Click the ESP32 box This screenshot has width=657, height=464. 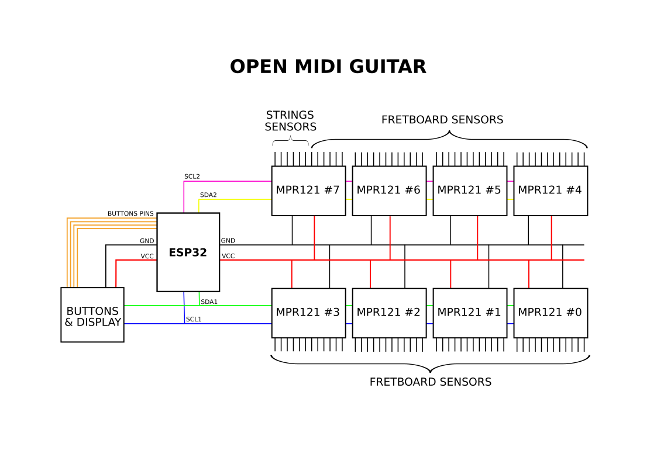[x=188, y=252]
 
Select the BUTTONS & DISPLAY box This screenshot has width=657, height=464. [x=92, y=316]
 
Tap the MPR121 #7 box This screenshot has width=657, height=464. [x=308, y=191]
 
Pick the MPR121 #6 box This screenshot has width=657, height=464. [x=389, y=191]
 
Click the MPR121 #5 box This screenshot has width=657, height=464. [x=470, y=191]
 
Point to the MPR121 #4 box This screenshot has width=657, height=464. [x=551, y=191]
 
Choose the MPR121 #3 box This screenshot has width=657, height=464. [x=308, y=313]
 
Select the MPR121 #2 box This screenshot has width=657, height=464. [x=389, y=313]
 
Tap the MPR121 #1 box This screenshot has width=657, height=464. [x=470, y=313]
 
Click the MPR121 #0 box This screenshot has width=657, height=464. [x=551, y=313]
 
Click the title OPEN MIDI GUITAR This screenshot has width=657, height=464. [x=328, y=67]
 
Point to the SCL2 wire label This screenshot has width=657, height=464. [x=192, y=176]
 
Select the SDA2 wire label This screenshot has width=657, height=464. [x=208, y=195]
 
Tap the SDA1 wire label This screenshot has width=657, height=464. [x=209, y=302]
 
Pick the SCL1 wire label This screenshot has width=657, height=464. [x=193, y=319]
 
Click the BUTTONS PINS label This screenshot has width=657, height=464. [x=130, y=214]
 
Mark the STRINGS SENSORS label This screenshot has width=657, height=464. [x=290, y=121]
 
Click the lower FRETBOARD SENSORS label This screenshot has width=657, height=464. [x=430, y=382]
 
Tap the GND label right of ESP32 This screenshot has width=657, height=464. [x=228, y=241]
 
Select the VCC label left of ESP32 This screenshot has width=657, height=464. [x=147, y=256]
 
